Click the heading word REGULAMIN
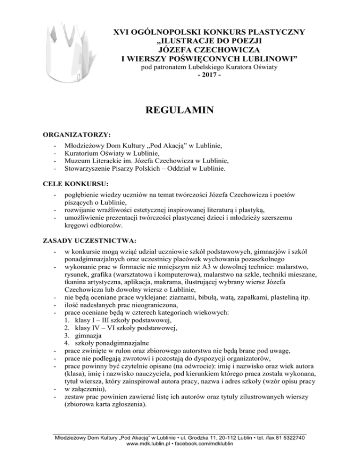tap(180, 111)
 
